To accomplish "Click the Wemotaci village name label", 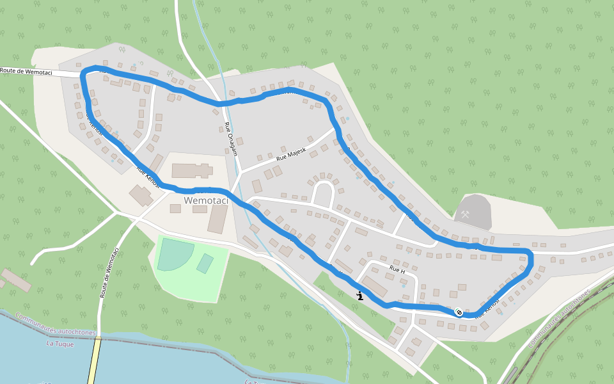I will [x=205, y=200].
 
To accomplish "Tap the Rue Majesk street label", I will [x=292, y=153].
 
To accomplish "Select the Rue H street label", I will [x=397, y=271].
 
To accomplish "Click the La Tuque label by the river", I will [x=61, y=344].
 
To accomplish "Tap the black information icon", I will [x=361, y=296].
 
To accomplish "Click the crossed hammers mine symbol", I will [x=466, y=215].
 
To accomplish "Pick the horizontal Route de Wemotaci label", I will [x=26, y=72].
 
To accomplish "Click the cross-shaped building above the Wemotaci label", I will [x=192, y=170].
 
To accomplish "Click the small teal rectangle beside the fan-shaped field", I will [x=205, y=263].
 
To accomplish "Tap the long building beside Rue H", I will [x=375, y=287].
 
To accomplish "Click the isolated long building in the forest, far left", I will [x=16, y=280].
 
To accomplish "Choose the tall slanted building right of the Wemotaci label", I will [x=217, y=219].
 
